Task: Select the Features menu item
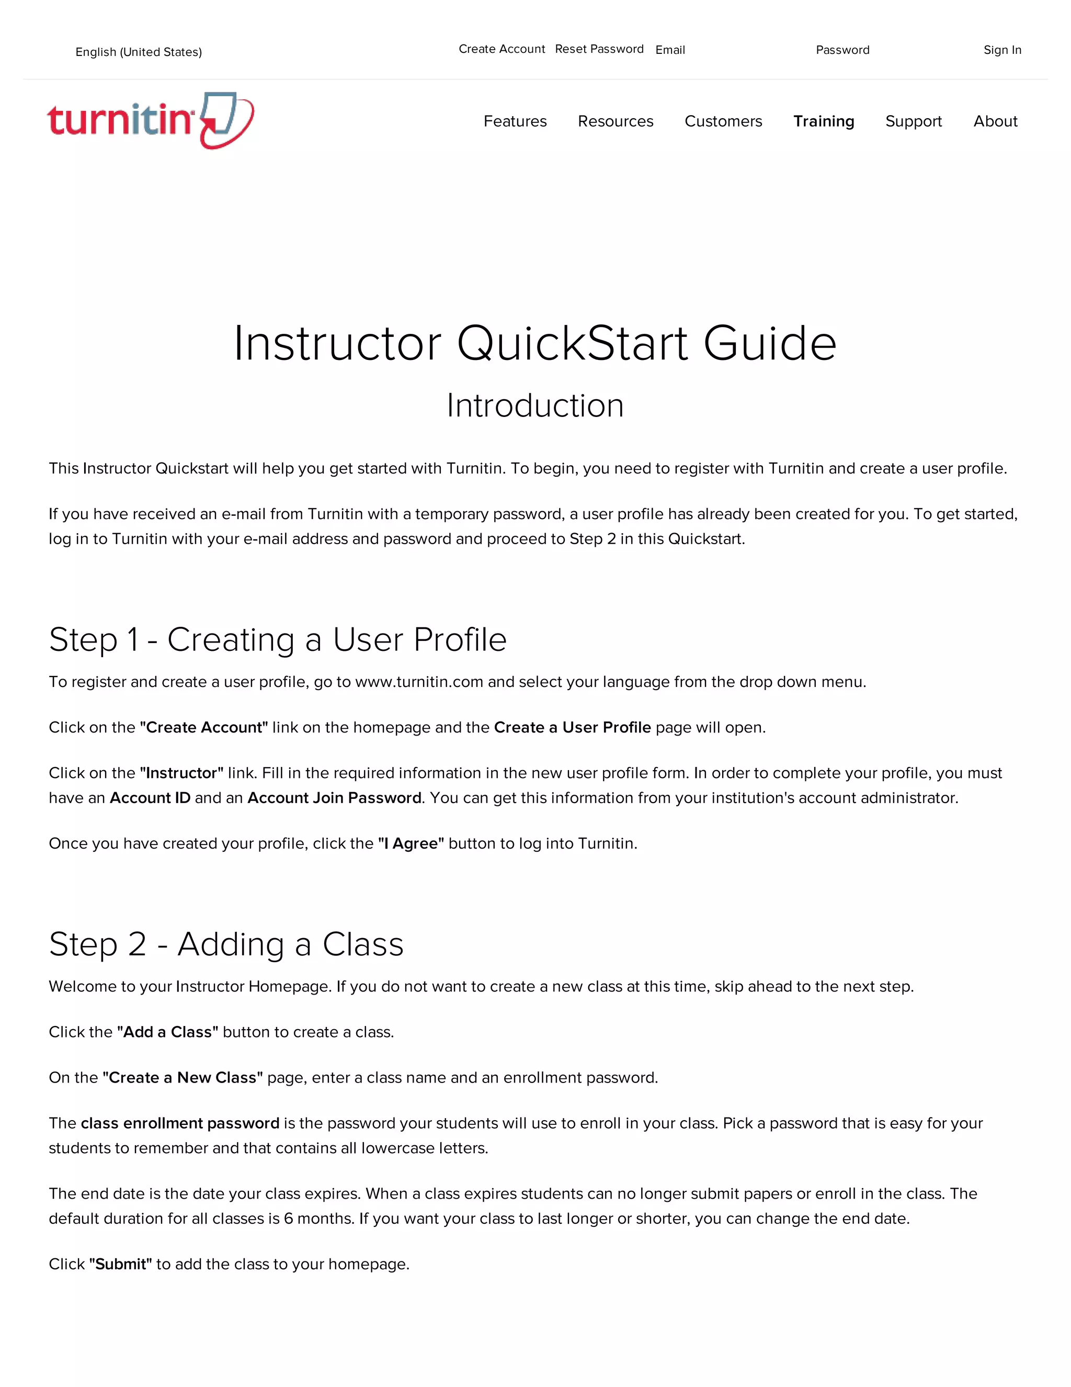point(515,121)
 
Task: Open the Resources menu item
point(615,121)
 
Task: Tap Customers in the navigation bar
point(723,121)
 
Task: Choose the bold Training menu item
point(824,121)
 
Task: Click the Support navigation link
point(914,121)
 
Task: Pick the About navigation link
point(995,121)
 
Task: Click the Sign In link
point(1002,50)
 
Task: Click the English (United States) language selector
point(139,52)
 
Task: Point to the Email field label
point(670,50)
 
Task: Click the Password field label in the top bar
point(842,50)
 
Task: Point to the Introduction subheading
point(535,405)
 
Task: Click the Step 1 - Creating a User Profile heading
point(278,639)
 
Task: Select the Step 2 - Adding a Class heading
point(226,944)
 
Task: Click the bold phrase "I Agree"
point(411,843)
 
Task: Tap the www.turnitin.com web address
point(419,682)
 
